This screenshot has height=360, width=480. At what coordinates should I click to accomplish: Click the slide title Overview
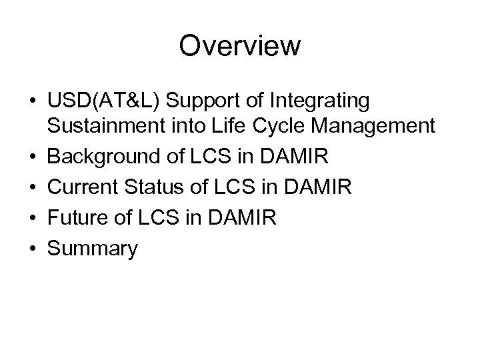click(x=240, y=47)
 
